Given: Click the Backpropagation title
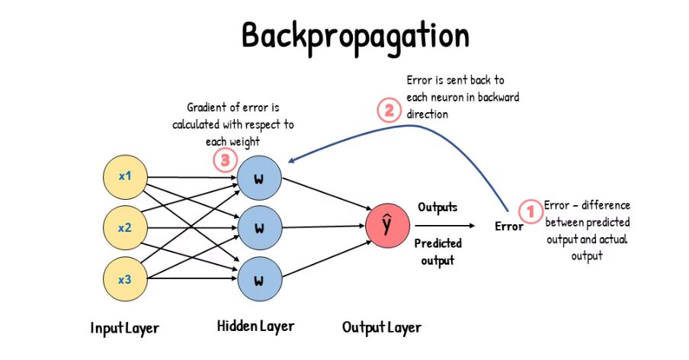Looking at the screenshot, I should tap(345, 35).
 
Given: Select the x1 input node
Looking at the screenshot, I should tap(125, 176).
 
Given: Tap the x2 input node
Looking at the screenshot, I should tap(125, 227).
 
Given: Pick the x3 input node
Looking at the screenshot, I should tap(125, 279).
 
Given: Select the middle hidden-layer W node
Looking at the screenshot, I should tap(258, 228).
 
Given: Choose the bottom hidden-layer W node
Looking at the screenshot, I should tap(258, 279).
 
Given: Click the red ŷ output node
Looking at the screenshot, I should tap(386, 225).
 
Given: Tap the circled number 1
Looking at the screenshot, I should tap(528, 210).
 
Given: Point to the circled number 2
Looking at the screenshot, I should tap(389, 111).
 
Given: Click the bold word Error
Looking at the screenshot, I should tap(508, 227).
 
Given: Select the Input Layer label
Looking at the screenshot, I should tap(124, 328).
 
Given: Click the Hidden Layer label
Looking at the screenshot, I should tap(255, 326).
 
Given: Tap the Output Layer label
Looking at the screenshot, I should tap(381, 328).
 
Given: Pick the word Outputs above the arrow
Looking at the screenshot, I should tap(438, 207).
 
